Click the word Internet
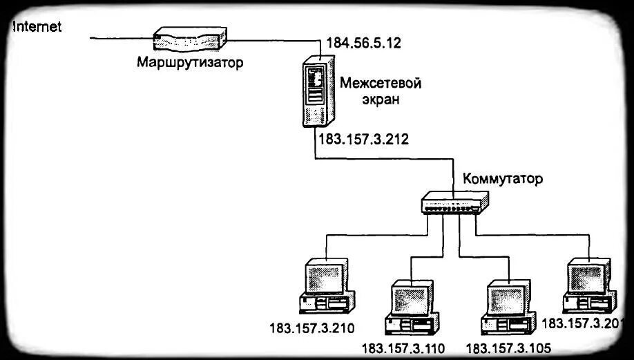click(37, 27)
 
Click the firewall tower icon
click(316, 90)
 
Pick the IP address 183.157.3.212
click(363, 139)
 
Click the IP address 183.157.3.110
click(403, 348)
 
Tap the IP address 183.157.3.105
click(508, 348)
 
